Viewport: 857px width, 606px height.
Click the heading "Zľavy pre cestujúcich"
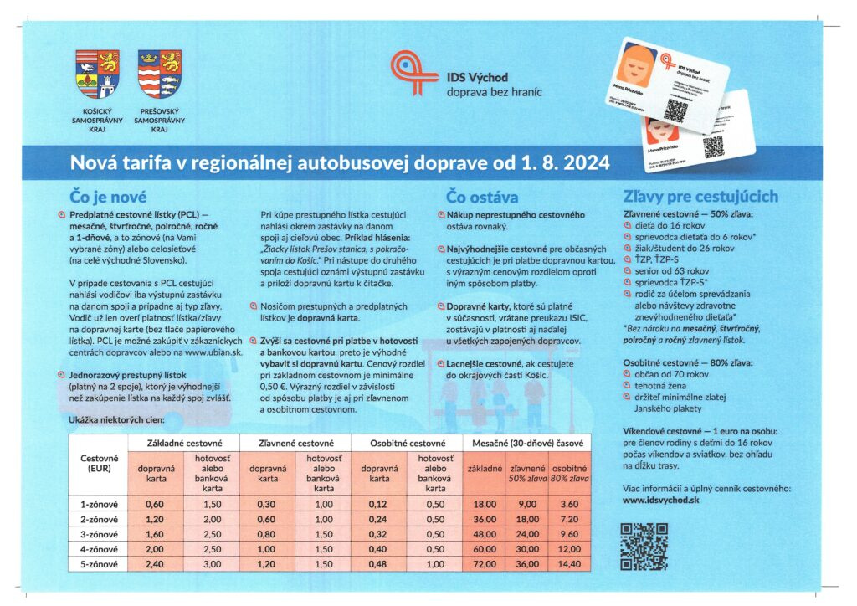(x=700, y=197)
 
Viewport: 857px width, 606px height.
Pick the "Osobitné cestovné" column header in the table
(x=406, y=442)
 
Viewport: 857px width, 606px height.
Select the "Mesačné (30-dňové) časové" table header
(x=519, y=442)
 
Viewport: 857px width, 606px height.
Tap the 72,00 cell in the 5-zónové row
(x=485, y=564)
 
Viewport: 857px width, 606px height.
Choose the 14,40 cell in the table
(x=568, y=564)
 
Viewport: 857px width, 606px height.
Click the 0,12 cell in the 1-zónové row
(x=378, y=505)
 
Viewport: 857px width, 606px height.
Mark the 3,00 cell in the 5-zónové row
(x=212, y=564)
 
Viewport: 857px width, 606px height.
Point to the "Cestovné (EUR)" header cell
(x=99, y=464)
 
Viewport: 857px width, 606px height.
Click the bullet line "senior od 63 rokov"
(x=670, y=271)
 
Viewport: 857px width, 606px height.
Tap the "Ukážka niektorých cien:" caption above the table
(x=115, y=418)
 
